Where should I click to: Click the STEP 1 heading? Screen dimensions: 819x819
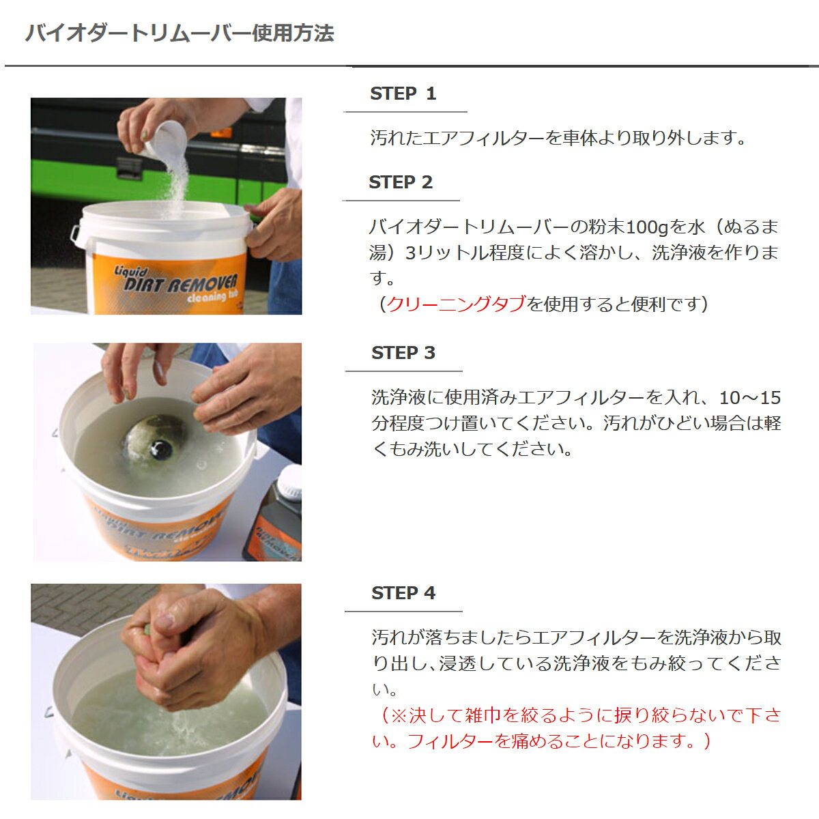click(x=403, y=94)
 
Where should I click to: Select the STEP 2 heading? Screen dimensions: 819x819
click(x=401, y=182)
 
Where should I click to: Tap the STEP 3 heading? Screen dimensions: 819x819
click(x=403, y=353)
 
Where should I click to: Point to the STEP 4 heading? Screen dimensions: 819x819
click(x=403, y=593)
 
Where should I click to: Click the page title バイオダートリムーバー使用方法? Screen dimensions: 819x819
click(x=179, y=33)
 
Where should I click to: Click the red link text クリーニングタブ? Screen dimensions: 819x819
click(x=457, y=304)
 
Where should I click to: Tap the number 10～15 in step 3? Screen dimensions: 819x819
click(x=750, y=398)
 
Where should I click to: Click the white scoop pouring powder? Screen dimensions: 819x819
click(x=165, y=141)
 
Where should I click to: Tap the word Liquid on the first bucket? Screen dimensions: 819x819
click(x=131, y=271)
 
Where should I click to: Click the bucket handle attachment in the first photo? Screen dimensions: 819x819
click(x=76, y=236)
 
